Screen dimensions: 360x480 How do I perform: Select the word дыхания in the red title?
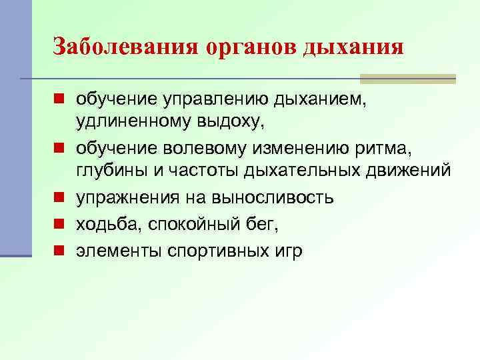353,47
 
